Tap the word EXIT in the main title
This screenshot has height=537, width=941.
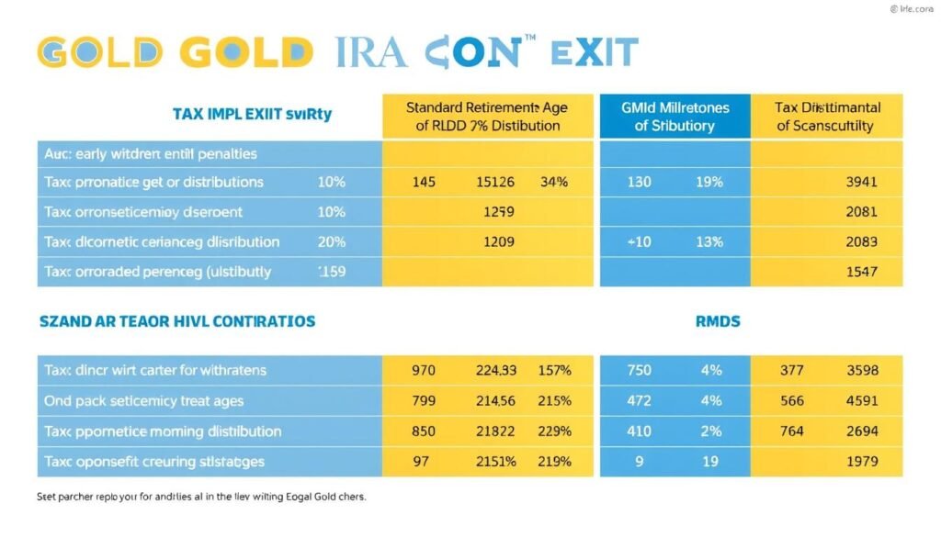pos(593,52)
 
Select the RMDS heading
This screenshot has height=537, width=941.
pos(718,322)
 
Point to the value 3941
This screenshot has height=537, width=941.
pos(861,182)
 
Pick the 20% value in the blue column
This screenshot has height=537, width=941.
pos(331,242)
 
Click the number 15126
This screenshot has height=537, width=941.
pos(497,182)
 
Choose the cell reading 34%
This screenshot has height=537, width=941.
pos(553,182)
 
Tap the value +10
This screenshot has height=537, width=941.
pos(639,242)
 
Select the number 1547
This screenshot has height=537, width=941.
pos(861,272)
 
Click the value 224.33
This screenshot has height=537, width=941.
pos(496,371)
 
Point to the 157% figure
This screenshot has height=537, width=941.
pos(554,371)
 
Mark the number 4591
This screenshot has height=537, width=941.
pos(861,401)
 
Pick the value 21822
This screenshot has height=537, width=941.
pos(496,431)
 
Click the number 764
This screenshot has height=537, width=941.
pos(792,431)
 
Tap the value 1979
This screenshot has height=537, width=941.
pos(861,462)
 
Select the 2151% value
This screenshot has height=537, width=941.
pos(496,462)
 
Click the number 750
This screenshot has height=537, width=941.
pos(639,371)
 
